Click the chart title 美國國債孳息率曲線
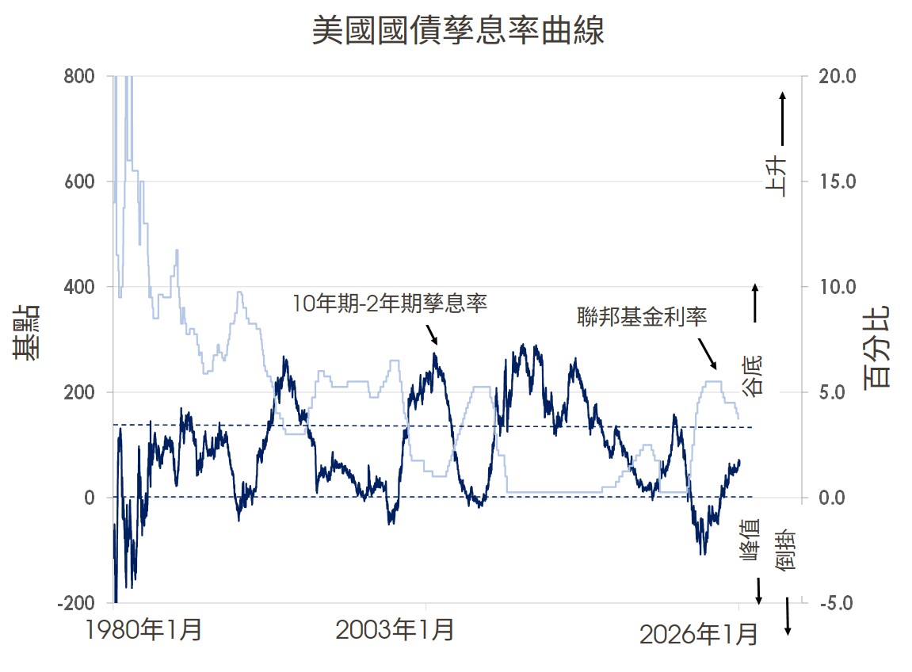point(457,32)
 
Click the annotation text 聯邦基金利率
point(641,317)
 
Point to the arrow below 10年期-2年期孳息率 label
point(432,334)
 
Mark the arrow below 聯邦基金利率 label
point(707,353)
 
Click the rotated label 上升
point(777,176)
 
